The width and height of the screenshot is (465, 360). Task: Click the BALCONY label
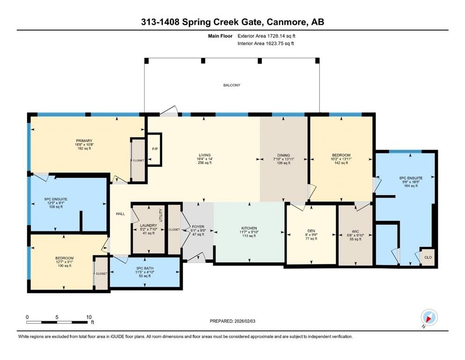click(x=231, y=85)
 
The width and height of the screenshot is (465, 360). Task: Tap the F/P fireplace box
click(x=154, y=150)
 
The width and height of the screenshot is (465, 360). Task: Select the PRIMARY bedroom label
click(x=84, y=141)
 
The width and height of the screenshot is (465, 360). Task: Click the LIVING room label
click(x=204, y=155)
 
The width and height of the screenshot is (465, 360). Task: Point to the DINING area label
click(x=283, y=155)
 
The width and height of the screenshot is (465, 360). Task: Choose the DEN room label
click(x=311, y=231)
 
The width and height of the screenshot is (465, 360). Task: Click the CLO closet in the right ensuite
click(x=427, y=257)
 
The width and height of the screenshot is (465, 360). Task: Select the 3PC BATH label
click(x=144, y=269)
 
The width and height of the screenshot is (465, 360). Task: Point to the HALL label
click(x=120, y=214)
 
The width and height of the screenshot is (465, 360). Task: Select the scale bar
click(x=59, y=322)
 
